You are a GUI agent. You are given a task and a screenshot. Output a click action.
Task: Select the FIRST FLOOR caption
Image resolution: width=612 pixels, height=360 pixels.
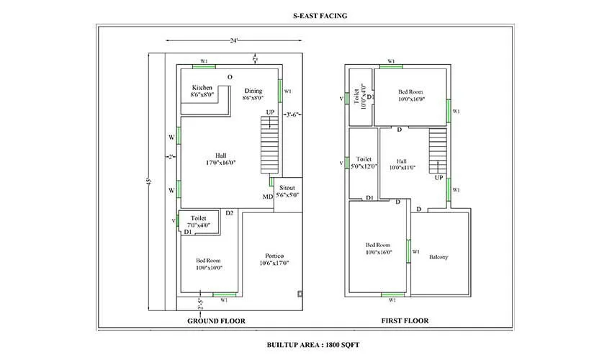point(405,320)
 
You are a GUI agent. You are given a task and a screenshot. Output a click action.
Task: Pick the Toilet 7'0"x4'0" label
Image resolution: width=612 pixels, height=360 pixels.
point(199,221)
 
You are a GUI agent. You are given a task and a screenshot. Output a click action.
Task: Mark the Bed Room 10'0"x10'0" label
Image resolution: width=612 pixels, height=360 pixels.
point(209,264)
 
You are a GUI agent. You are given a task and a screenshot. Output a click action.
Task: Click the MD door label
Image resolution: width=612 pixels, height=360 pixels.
point(267,197)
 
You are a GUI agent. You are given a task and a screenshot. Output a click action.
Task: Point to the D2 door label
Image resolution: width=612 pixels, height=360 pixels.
point(230,213)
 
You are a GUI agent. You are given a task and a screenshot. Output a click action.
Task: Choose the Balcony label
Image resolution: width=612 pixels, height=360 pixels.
point(439,257)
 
